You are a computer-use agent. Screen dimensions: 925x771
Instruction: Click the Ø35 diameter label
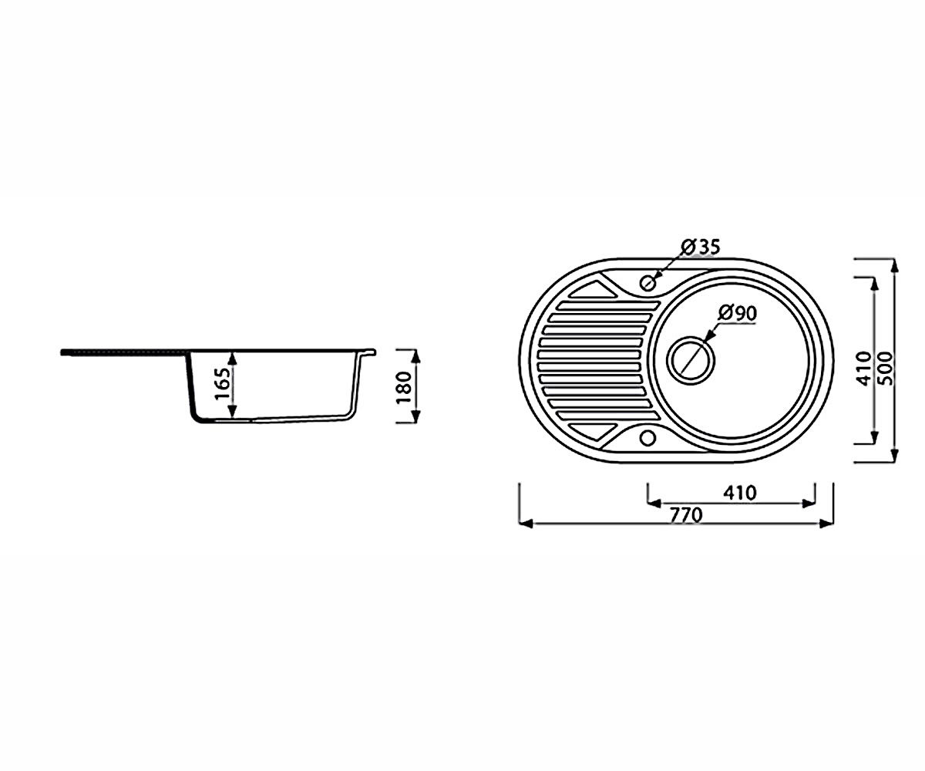point(701,247)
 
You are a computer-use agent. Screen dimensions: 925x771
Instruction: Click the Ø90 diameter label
point(738,313)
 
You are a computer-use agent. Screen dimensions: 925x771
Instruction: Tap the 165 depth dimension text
point(224,384)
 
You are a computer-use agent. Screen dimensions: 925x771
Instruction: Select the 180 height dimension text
point(405,387)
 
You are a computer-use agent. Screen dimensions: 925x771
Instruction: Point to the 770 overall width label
point(686,515)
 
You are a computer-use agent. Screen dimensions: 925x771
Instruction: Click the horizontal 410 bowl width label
point(739,493)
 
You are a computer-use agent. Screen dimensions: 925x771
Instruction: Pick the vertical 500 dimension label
point(886,369)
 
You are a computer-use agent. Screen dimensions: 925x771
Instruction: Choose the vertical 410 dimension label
point(864,369)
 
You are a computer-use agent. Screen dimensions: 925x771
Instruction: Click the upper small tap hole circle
point(647,282)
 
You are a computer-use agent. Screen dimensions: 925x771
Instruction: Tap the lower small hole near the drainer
point(647,438)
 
